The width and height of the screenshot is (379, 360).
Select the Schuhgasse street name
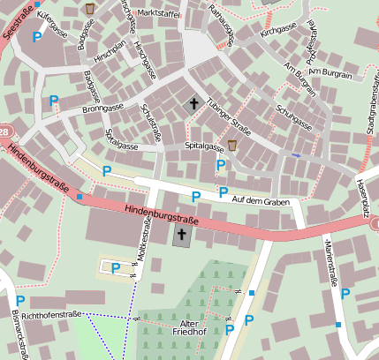click(294, 117)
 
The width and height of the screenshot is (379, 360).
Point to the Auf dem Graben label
click(261, 201)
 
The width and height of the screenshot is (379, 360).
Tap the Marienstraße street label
click(333, 265)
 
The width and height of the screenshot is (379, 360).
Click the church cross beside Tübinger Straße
click(193, 104)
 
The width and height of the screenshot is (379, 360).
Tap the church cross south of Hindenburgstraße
click(182, 236)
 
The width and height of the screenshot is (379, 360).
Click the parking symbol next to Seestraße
click(36, 36)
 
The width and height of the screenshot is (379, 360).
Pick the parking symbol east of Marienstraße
click(345, 295)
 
